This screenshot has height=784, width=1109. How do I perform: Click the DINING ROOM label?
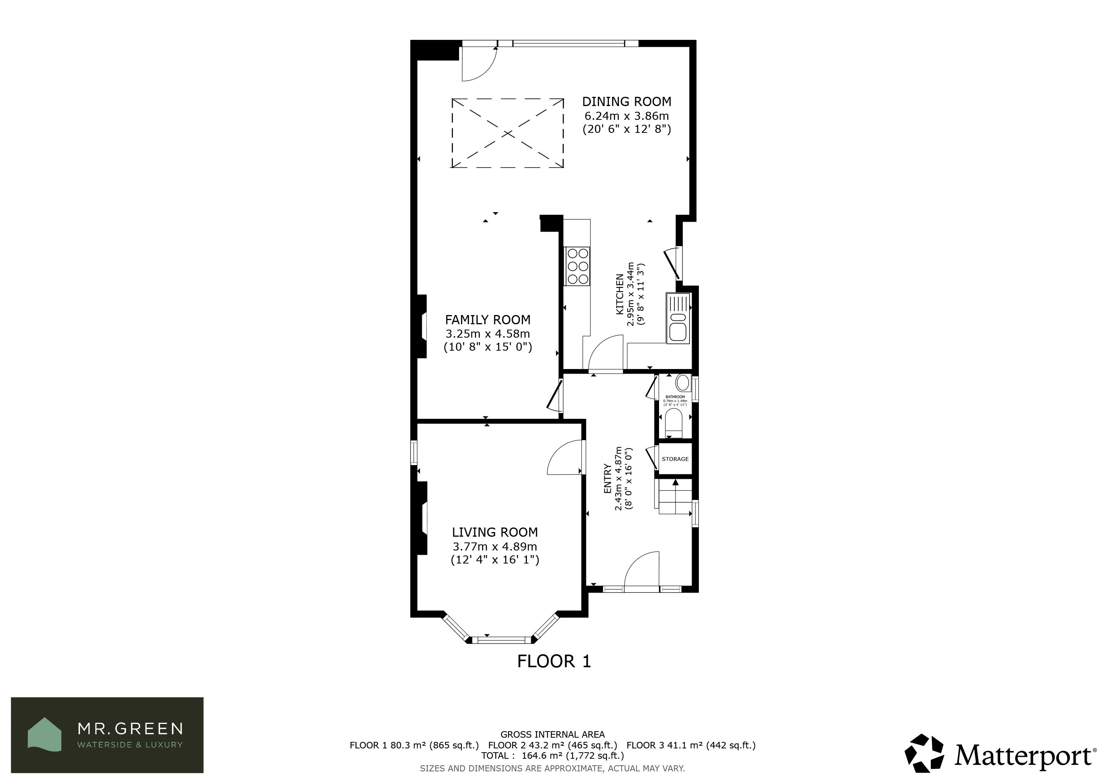[626, 102]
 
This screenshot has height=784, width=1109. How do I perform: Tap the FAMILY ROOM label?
[487, 320]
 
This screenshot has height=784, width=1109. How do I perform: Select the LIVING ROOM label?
[495, 532]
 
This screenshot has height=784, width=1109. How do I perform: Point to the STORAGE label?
[675, 459]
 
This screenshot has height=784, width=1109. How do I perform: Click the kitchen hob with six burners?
[577, 266]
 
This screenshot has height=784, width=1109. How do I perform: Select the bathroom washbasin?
[682, 383]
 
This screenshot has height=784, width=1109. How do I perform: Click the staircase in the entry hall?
[674, 497]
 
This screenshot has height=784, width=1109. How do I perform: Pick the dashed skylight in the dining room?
[508, 133]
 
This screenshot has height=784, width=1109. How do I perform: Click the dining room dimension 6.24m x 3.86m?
[626, 116]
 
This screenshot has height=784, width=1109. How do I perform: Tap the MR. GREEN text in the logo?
[131, 728]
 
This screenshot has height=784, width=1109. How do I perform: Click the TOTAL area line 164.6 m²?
[553, 756]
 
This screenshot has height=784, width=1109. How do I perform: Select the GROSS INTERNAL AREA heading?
[553, 735]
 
